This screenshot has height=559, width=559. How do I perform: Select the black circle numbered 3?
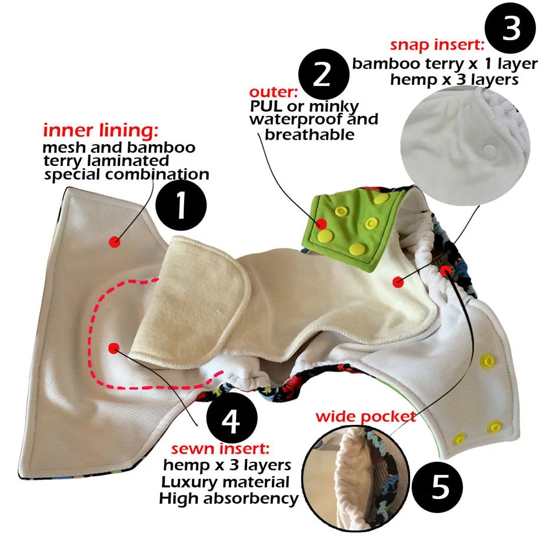[x=511, y=29]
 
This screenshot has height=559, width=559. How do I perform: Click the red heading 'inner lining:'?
[x=101, y=131]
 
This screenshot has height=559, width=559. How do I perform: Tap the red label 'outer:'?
[x=274, y=93]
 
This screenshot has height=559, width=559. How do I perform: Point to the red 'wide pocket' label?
[x=366, y=417]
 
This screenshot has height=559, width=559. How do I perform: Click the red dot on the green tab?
[x=321, y=224]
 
